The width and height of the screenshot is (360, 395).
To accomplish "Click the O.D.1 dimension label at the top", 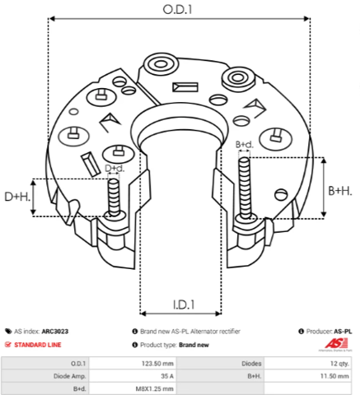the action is point(177,10).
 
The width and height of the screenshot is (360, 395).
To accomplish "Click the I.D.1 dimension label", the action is point(184,304).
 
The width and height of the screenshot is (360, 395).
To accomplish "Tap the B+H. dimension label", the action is point(340,191).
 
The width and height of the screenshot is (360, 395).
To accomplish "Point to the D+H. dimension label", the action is point(17,197).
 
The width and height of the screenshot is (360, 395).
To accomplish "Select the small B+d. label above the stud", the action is point(244,144).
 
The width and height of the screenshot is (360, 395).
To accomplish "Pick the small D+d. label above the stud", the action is point(115,168).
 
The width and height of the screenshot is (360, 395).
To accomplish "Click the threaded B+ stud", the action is point(245,188).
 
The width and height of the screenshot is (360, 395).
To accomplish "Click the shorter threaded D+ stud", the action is point(114,197).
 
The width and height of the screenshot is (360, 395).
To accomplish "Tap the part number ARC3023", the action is point(55,332).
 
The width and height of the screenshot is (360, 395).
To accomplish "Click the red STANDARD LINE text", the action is point(38,345).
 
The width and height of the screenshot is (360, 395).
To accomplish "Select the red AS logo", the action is point(336,344).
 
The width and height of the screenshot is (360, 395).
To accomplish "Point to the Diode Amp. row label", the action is point(70,376).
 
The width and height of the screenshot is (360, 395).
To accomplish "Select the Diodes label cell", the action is point(251,364).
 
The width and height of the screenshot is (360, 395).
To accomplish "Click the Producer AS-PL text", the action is point(329,332).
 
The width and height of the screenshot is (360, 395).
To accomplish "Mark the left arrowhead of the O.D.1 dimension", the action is point(52,19).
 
